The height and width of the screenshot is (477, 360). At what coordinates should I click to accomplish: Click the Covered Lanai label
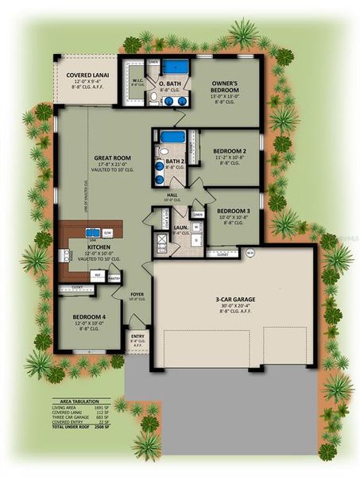(x=87, y=76)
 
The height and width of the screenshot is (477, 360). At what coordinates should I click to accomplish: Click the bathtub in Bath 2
(x=172, y=137)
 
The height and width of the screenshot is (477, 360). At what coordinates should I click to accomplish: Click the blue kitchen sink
(x=93, y=233)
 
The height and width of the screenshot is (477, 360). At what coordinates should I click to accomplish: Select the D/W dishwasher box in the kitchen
(x=107, y=232)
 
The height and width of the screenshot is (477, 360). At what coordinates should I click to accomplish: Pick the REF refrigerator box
(x=99, y=275)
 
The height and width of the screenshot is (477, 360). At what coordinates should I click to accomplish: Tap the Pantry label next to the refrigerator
(x=114, y=278)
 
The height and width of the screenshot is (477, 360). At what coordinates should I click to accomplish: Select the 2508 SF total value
(x=119, y=427)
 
